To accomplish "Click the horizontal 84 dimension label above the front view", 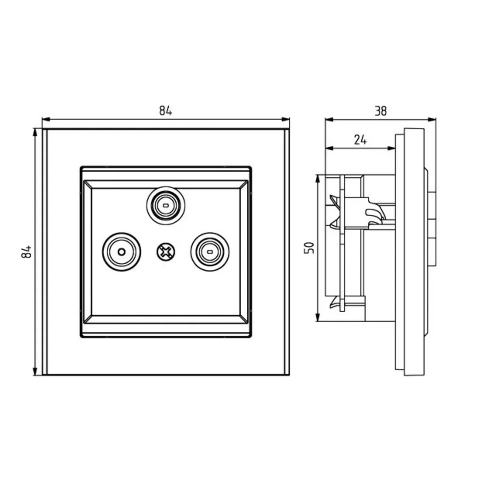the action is (165, 111).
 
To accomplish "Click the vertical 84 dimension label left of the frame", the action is (26, 251).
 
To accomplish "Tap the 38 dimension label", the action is (381, 111).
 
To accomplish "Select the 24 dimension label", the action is (360, 140).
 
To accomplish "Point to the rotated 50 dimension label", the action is (309, 248).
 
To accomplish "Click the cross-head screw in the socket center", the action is (166, 252).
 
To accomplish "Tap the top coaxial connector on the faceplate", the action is (166, 205).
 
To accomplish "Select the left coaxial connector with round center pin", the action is (122, 252).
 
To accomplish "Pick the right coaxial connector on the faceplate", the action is (210, 252).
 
